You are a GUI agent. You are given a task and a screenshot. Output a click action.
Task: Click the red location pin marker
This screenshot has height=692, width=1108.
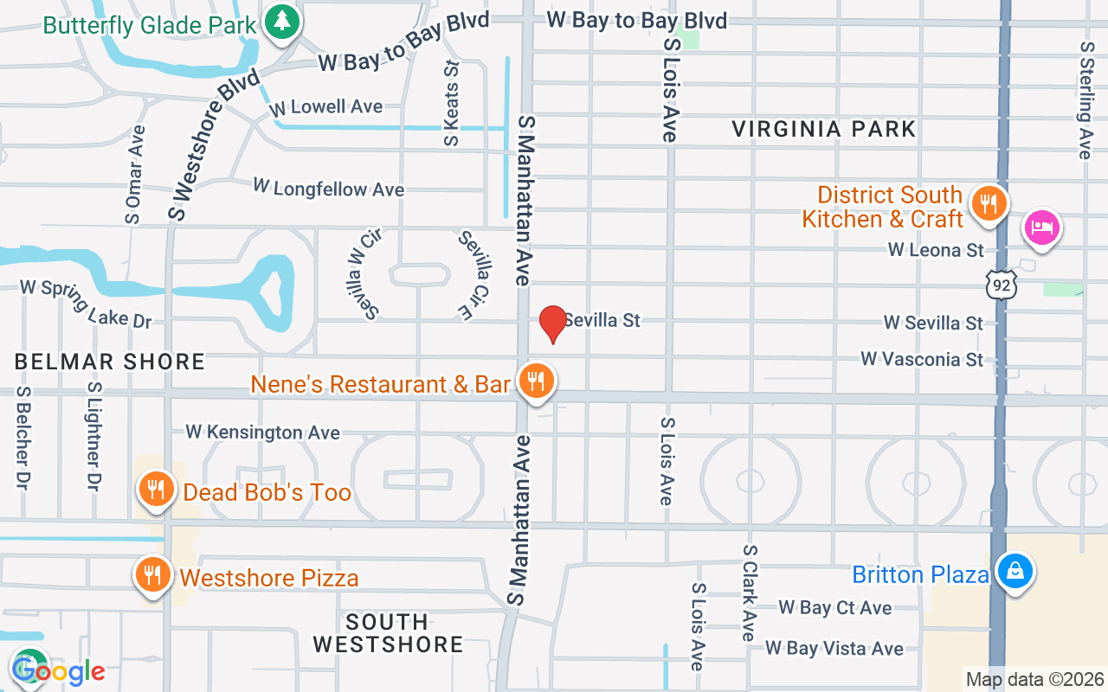[552, 324]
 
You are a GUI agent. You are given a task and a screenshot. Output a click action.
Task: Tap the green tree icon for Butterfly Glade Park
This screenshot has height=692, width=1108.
[281, 22]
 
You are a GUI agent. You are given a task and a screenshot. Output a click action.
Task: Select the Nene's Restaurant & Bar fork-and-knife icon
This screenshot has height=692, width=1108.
[537, 381]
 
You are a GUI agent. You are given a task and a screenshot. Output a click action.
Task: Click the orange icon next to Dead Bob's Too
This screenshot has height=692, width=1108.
[156, 490]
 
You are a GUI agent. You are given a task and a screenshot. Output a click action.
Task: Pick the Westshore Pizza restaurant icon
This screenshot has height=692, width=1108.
[152, 575]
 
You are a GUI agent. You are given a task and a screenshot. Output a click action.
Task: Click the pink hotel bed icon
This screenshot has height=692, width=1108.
[1041, 228]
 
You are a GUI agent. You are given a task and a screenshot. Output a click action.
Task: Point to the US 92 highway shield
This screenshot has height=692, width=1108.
[1002, 284]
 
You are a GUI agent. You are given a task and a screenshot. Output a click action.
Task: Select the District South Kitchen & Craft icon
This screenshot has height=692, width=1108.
[988, 204]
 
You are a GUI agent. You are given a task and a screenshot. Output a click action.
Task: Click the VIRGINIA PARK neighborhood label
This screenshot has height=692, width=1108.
[823, 130]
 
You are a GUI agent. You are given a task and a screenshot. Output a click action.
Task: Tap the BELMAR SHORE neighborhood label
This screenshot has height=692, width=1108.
[110, 362]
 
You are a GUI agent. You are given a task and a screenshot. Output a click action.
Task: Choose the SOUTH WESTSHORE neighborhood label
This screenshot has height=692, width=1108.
[388, 633]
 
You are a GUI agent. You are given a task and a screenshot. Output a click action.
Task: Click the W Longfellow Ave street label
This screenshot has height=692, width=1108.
[328, 188]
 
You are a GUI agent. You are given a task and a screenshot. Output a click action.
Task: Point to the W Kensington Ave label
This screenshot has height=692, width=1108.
[262, 432]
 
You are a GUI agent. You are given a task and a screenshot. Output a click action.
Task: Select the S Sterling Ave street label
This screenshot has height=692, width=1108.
[1086, 99]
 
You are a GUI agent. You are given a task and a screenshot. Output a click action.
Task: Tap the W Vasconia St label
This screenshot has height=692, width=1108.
[922, 359]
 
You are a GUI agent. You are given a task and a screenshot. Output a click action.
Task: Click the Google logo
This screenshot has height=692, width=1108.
[58, 670]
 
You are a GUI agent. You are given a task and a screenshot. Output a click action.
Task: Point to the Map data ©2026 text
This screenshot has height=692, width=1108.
[1034, 679]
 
